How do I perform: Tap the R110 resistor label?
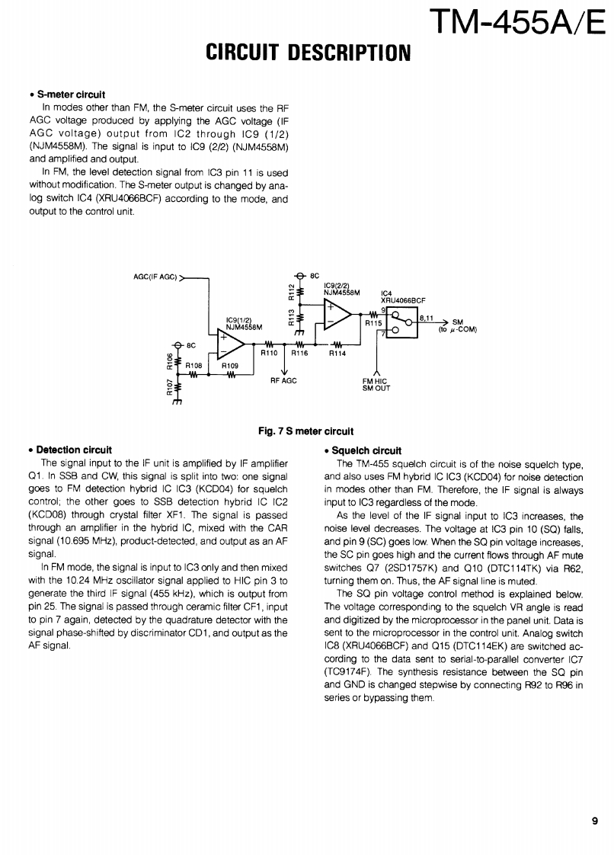(270, 353)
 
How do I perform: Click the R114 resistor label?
(337, 353)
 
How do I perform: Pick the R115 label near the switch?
(373, 323)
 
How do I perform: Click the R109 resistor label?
(230, 366)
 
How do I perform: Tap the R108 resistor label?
(194, 366)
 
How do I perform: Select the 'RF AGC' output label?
(283, 379)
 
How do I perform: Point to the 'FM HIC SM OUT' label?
(376, 384)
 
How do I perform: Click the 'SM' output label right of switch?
(458, 321)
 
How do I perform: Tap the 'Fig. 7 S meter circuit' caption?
(305, 431)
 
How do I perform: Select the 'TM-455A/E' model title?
(517, 22)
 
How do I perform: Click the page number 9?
(593, 821)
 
